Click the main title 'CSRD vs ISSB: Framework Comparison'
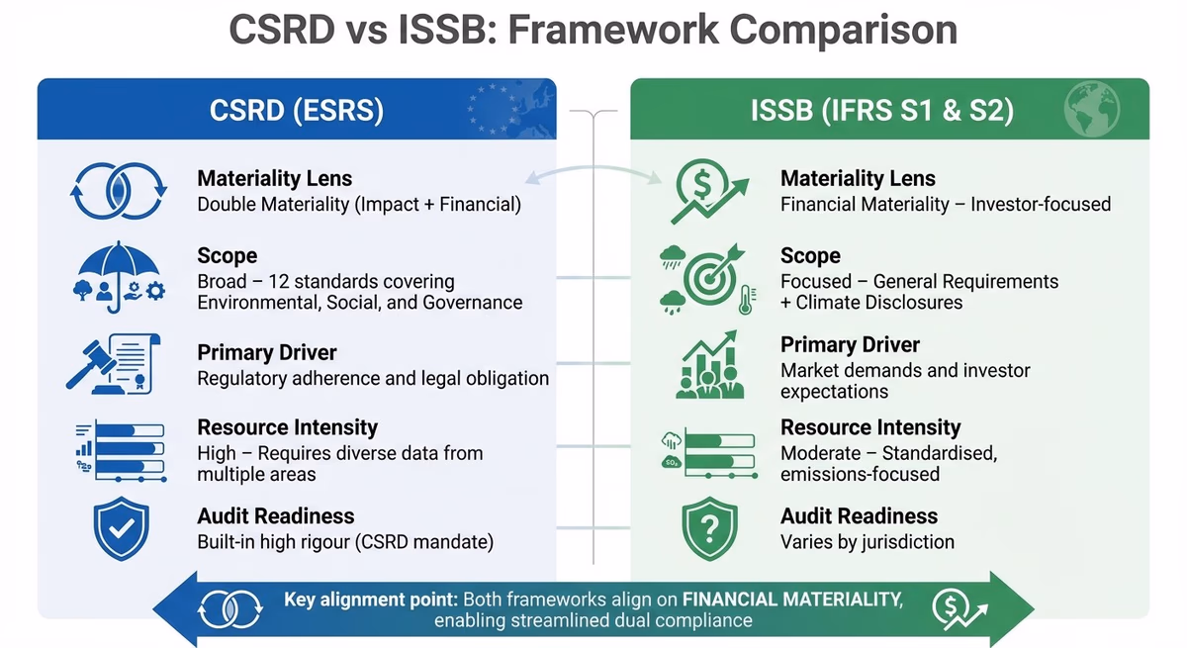point(593,30)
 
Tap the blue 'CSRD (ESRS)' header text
point(296,109)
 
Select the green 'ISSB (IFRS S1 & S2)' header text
point(882,110)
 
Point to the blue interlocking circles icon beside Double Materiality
point(117,191)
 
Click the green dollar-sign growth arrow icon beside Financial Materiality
point(701,192)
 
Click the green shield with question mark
point(709,529)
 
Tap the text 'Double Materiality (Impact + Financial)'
point(359,205)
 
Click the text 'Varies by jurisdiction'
point(867,542)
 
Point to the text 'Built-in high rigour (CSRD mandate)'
point(345,542)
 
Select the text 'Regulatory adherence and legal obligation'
point(373,378)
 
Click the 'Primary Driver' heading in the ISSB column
point(850,345)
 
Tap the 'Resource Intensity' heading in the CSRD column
point(287,427)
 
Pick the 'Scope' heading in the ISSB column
point(810,256)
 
